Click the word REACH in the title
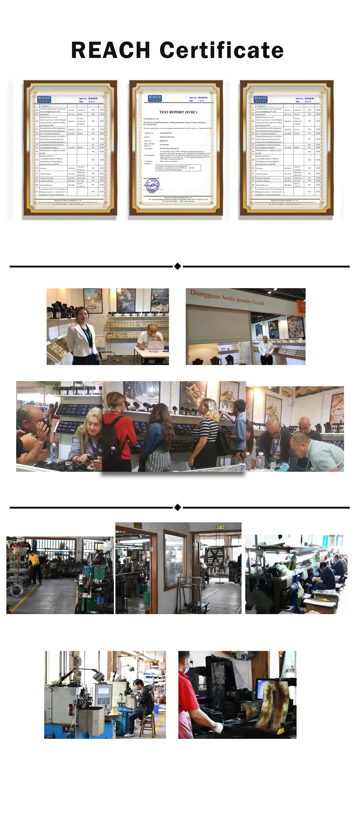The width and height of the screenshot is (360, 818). point(110,50)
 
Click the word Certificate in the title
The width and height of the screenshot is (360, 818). point(222,50)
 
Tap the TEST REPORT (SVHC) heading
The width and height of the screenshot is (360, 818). point(178,112)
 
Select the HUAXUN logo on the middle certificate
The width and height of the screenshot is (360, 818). point(155,98)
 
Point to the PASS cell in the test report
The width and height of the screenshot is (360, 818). point(192,168)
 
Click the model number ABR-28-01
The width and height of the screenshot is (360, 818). point(164,141)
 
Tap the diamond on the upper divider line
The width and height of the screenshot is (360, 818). point(178,266)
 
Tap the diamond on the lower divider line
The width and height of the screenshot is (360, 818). point(178,507)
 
